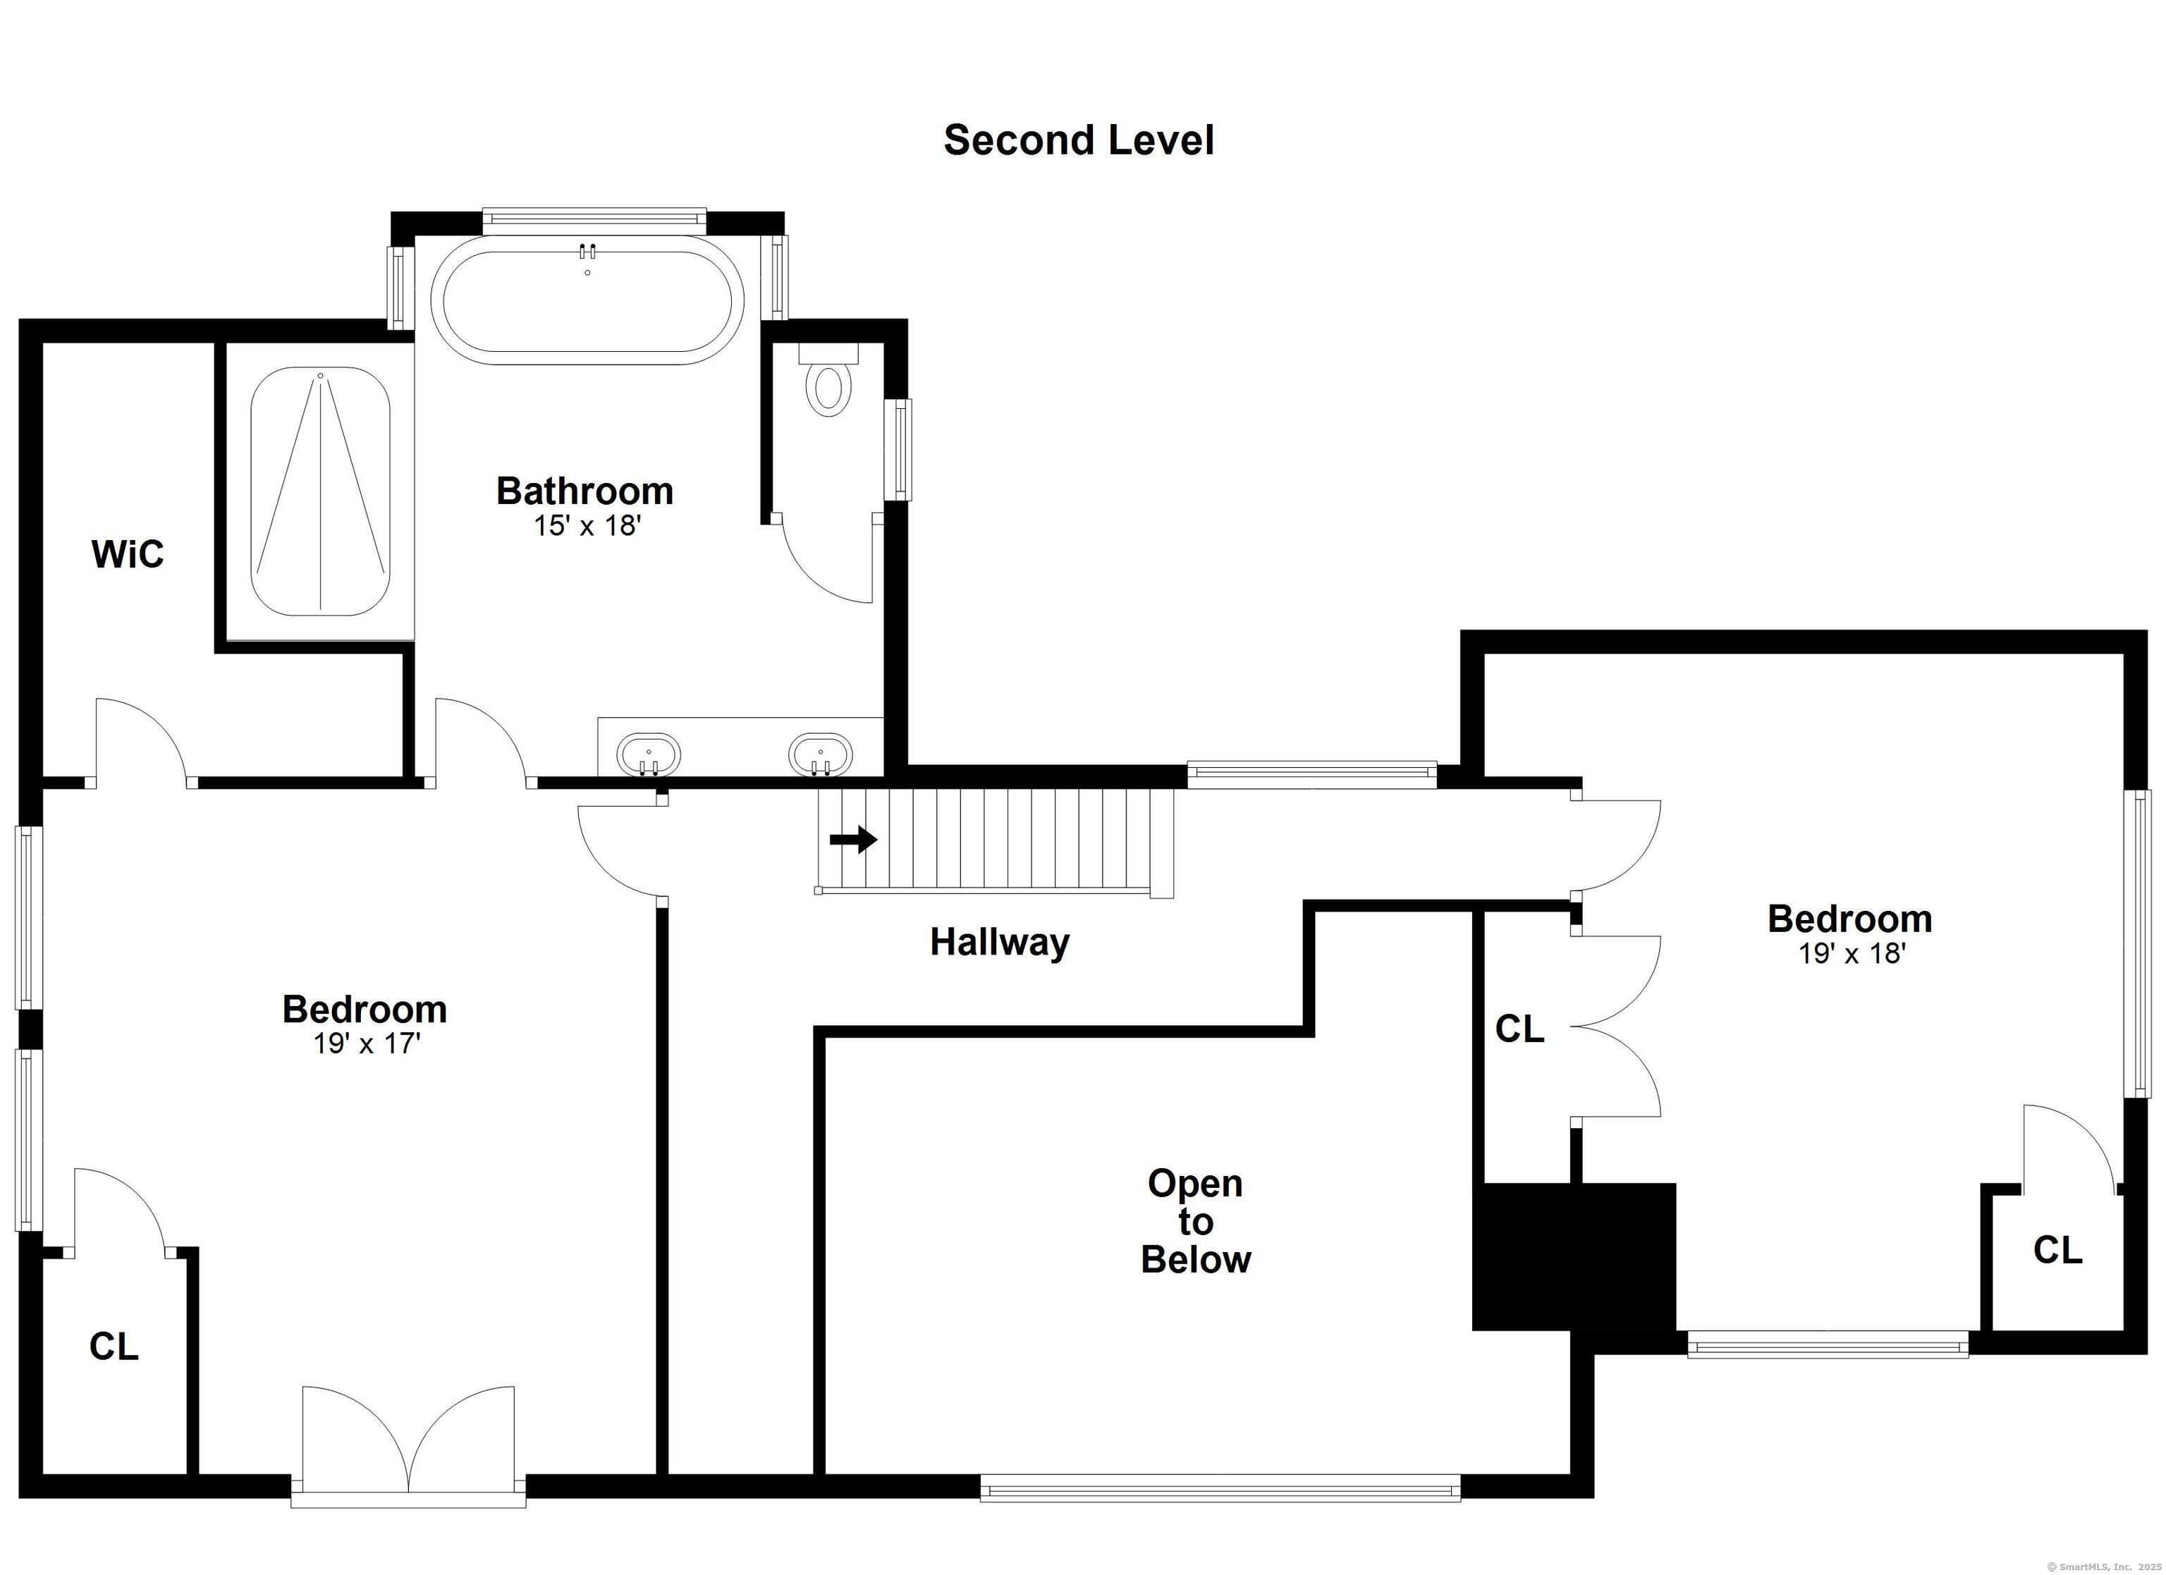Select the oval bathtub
point(587,300)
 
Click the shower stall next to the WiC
point(320,492)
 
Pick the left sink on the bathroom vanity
point(649,754)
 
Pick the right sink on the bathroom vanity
point(821,754)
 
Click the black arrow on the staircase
point(853,840)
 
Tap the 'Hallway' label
point(1000,943)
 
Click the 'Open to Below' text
point(1196,1222)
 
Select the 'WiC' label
point(128,554)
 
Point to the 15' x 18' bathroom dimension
point(587,525)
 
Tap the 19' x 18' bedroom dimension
point(1853,953)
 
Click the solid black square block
point(1574,1257)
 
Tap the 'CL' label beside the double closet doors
point(1519,1029)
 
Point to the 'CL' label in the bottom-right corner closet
point(2058,1249)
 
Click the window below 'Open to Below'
point(1220,1488)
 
